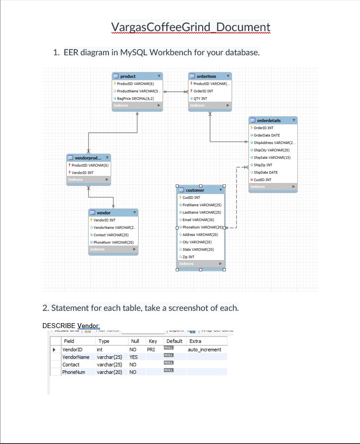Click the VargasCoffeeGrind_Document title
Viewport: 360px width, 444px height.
pyautogui.click(x=190, y=27)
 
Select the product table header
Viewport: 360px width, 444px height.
pyautogui.click(x=128, y=76)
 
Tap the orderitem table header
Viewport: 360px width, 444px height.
pyautogui.click(x=206, y=76)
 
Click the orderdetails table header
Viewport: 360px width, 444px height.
pyautogui.click(x=269, y=120)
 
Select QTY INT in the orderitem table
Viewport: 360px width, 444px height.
pyautogui.click(x=200, y=98)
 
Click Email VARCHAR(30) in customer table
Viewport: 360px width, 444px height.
pyautogui.click(x=198, y=220)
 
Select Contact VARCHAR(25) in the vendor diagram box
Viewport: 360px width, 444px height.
pyautogui.click(x=111, y=235)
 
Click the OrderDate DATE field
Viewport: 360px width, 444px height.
pyautogui.click(x=268, y=135)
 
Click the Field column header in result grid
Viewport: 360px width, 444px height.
pyautogui.click(x=69, y=341)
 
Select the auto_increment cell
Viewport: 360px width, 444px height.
pyautogui.click(x=205, y=349)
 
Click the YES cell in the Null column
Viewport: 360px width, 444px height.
pyautogui.click(x=134, y=357)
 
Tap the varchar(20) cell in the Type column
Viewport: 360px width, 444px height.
pyautogui.click(x=109, y=372)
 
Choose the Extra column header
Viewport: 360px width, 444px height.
pyautogui.click(x=195, y=341)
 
